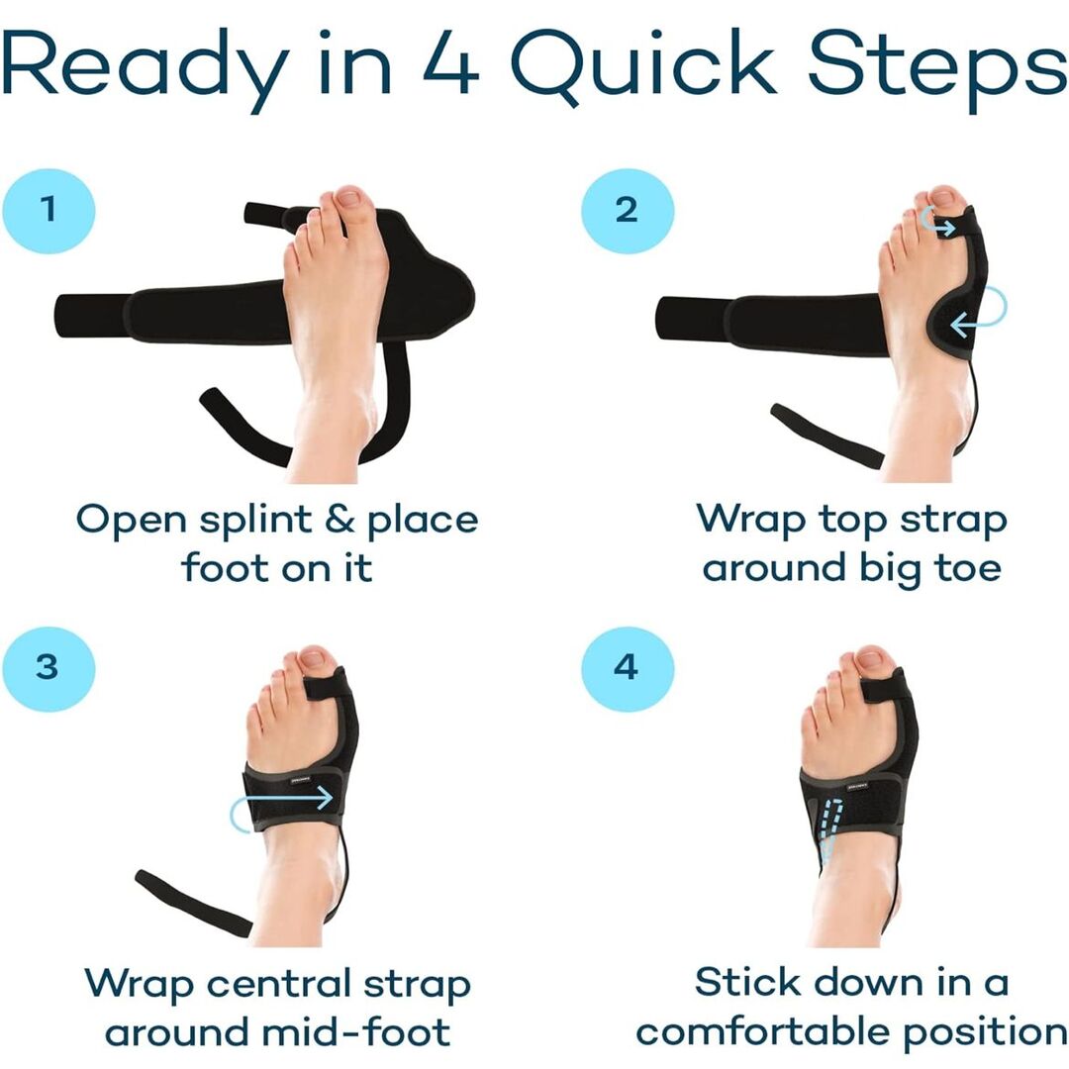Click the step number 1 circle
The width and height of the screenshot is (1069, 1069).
click(49, 210)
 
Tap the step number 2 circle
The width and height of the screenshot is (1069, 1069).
click(627, 210)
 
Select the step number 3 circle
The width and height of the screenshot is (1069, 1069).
click(49, 666)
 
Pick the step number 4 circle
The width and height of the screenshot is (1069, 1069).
click(627, 666)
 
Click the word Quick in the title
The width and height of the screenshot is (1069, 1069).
click(640, 64)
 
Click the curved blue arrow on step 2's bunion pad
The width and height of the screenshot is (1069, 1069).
click(980, 315)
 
